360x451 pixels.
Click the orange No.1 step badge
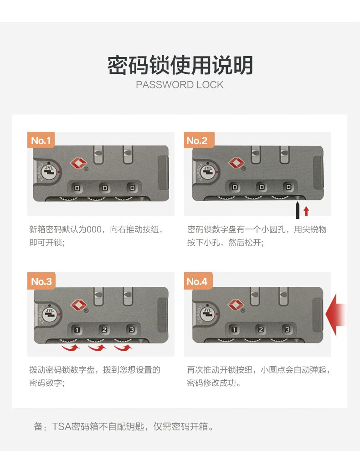(41, 140)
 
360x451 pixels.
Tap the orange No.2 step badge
(199, 140)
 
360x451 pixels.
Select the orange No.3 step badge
(41, 281)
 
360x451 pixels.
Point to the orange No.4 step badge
(198, 281)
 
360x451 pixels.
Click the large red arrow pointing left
(335, 315)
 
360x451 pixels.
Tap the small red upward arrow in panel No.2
(306, 211)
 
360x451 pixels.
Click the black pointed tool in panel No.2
(298, 210)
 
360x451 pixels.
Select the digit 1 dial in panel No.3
(77, 330)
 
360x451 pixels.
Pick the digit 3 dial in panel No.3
(131, 330)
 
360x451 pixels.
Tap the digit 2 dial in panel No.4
(261, 329)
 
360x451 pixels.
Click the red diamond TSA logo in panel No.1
(78, 163)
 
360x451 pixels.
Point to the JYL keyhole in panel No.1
(49, 172)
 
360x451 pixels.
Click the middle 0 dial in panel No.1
(105, 188)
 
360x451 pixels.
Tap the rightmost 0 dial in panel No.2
(288, 187)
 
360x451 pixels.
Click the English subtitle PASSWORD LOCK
(180, 84)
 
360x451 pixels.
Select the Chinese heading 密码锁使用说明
(180, 65)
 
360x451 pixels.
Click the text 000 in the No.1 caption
(94, 229)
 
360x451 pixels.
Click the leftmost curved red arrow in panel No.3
(71, 348)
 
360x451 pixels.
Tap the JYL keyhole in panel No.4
(207, 313)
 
